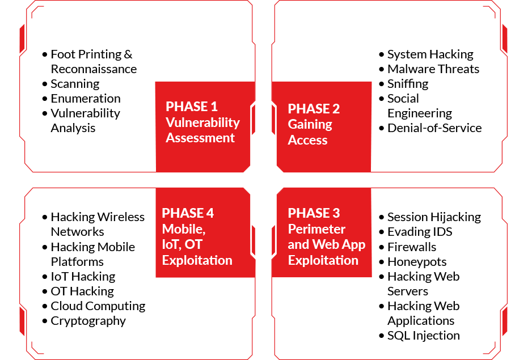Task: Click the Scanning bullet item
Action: [75, 84]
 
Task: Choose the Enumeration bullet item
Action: [86, 99]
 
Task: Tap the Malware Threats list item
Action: [433, 69]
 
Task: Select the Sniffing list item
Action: [408, 84]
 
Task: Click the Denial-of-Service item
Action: [434, 128]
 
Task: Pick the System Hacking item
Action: [430, 54]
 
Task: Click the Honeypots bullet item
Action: [417, 262]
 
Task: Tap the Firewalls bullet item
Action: [412, 247]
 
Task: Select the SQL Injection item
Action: [424, 336]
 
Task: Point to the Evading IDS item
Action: [420, 232]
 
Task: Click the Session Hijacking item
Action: [434, 217]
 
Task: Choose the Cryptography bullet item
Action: [88, 321]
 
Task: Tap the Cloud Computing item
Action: [98, 306]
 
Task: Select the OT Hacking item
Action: [82, 291]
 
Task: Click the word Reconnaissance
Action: [94, 69]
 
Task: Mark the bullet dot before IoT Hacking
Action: [45, 277]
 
